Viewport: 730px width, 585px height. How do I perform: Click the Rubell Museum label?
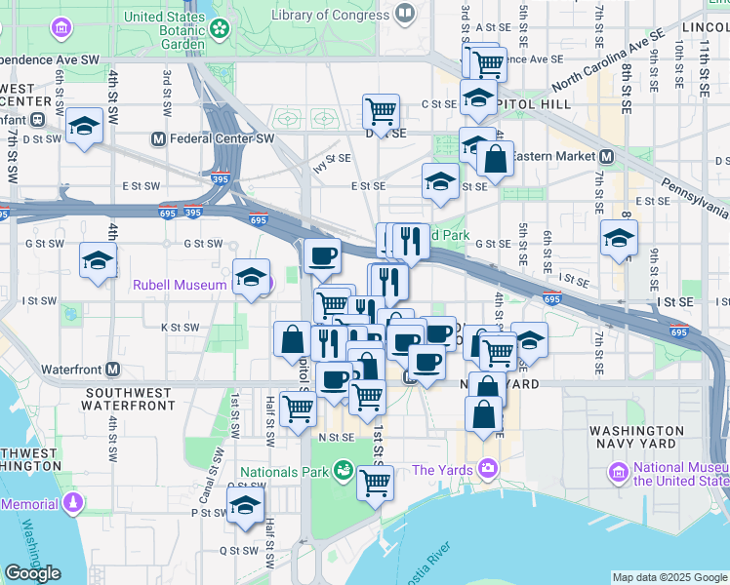click(x=180, y=286)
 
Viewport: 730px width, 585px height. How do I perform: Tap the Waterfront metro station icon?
click(x=113, y=370)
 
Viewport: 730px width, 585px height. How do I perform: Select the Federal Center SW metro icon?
click(x=158, y=138)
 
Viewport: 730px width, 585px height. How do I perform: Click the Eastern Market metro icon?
click(x=606, y=156)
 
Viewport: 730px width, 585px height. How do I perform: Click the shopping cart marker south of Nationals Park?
click(x=376, y=482)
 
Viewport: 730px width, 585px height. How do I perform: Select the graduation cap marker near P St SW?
click(x=245, y=505)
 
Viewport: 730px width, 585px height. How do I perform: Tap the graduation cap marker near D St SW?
click(x=85, y=125)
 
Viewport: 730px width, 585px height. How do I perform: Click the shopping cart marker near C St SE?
click(x=381, y=110)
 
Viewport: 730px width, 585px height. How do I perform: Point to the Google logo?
click(x=32, y=573)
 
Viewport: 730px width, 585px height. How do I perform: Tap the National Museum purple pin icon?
click(x=617, y=473)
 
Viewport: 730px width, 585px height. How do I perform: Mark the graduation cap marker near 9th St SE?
click(x=619, y=237)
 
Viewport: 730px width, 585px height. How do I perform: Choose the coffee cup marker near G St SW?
click(x=322, y=256)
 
